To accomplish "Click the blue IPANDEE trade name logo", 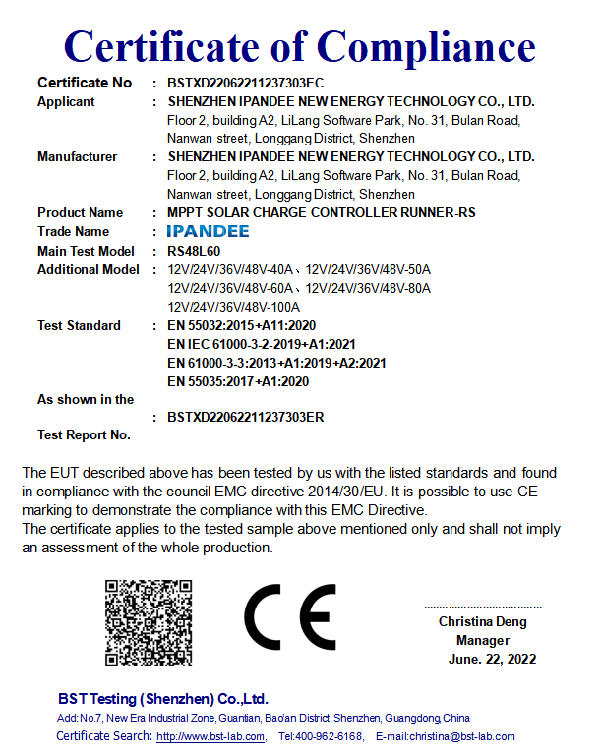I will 209,232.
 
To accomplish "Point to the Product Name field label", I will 81,213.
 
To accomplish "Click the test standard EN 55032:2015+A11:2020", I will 242,326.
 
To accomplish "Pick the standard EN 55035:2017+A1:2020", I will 239,381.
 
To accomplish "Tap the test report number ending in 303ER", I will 246,417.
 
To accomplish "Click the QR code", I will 149,623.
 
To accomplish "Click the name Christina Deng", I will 483,622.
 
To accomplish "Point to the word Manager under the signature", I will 483,641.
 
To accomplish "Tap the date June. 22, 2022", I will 493,660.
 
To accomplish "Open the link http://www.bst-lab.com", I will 210,736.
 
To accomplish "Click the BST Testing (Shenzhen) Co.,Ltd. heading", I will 162,699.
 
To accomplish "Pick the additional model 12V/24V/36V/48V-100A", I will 234,307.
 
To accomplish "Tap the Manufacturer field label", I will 77,157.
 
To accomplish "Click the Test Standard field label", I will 79,326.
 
